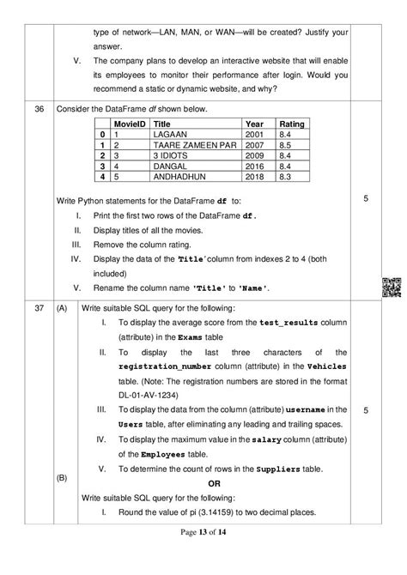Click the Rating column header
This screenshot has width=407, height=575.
[x=294, y=124]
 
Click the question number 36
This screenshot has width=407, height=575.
[x=39, y=109]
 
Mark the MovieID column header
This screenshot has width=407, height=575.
[x=118, y=124]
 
